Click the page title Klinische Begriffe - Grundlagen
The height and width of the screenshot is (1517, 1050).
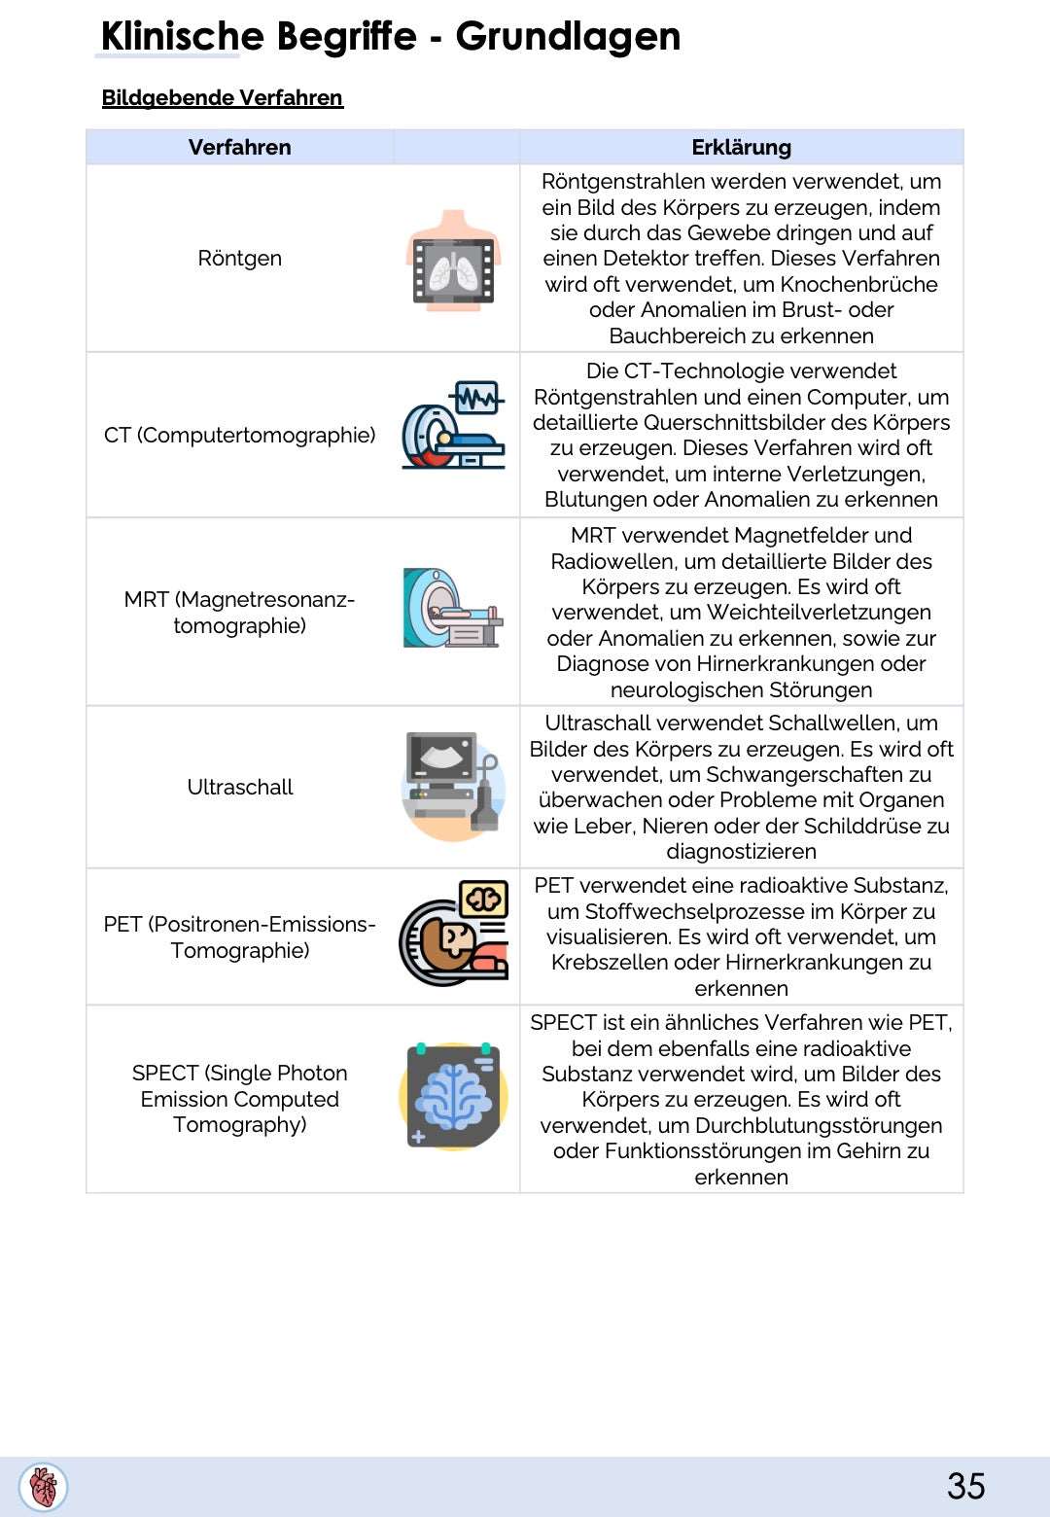(x=390, y=37)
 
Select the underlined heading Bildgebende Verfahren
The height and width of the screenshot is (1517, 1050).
(x=222, y=98)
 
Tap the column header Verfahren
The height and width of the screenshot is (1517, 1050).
(x=239, y=148)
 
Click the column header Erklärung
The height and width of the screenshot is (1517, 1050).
(x=741, y=148)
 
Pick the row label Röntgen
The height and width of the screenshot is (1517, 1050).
(x=239, y=259)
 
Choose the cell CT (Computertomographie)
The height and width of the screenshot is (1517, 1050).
(x=239, y=436)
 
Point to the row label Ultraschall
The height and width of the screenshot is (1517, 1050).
(x=239, y=788)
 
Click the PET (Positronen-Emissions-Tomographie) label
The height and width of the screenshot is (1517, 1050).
(x=239, y=937)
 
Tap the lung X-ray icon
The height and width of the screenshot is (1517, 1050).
(x=453, y=261)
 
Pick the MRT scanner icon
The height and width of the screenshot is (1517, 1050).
(x=453, y=609)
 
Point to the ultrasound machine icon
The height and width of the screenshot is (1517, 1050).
(x=453, y=786)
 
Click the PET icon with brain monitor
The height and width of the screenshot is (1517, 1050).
(x=453, y=934)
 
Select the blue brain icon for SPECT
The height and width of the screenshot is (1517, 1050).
(x=453, y=1096)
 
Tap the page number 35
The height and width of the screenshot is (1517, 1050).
(x=965, y=1486)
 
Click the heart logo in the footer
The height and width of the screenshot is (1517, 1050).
(x=44, y=1487)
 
